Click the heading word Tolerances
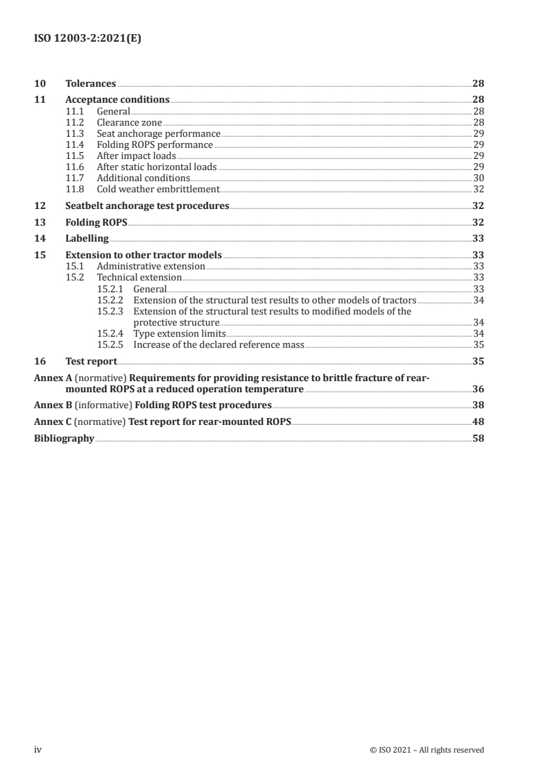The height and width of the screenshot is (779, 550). coord(91,83)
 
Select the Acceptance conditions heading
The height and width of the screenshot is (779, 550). coord(117,99)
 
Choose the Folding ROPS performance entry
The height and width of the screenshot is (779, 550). coord(155,144)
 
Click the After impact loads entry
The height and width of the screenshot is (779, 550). coord(136,156)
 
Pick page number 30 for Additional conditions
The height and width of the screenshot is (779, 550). coord(478,178)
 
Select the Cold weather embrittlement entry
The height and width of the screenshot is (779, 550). coord(158,189)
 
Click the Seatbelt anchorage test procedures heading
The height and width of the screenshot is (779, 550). coord(146,206)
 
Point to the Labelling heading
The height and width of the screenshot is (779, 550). coord(87,238)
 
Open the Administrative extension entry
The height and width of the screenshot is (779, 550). coord(151,266)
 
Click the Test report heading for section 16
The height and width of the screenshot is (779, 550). coord(91,361)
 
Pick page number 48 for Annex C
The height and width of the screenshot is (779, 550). coord(478,421)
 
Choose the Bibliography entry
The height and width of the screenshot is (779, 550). coord(64,438)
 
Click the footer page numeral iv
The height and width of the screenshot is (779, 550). coord(39,750)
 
